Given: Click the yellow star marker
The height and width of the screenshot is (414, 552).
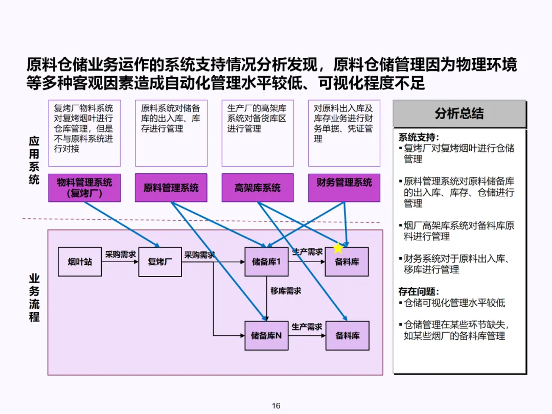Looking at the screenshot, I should pyautogui.click(x=338, y=248).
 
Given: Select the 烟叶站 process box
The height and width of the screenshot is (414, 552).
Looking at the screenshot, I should pyautogui.click(x=80, y=262).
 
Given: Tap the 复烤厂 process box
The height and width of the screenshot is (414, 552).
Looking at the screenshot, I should pyautogui.click(x=160, y=262).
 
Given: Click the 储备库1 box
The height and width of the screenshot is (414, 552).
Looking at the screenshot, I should pyautogui.click(x=266, y=262).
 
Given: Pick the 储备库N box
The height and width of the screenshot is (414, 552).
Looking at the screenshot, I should pyautogui.click(x=266, y=336).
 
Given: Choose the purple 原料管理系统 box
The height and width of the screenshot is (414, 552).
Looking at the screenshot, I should pyautogui.click(x=171, y=188).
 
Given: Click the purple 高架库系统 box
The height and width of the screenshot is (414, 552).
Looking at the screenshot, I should pyautogui.click(x=258, y=188).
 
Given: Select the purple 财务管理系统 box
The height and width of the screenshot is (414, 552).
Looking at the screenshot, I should pyautogui.click(x=344, y=182).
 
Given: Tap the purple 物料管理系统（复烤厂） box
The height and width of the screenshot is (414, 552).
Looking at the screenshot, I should pyautogui.click(x=84, y=188).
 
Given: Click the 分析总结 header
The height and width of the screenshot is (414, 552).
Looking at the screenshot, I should pyautogui.click(x=459, y=113).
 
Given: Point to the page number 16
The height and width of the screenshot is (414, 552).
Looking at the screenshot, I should pyautogui.click(x=276, y=406).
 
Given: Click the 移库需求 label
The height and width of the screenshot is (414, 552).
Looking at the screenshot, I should pyautogui.click(x=286, y=291).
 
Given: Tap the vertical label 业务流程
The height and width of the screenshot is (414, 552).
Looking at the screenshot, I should pyautogui.click(x=34, y=298).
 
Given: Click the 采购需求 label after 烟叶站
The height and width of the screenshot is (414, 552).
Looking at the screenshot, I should pyautogui.click(x=120, y=254).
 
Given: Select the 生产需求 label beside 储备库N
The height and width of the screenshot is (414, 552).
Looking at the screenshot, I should pyautogui.click(x=307, y=327).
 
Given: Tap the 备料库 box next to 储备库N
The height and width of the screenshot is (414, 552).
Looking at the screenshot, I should pyautogui.click(x=348, y=336).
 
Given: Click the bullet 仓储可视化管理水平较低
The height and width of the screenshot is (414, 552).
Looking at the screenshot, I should pyautogui.click(x=454, y=303).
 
